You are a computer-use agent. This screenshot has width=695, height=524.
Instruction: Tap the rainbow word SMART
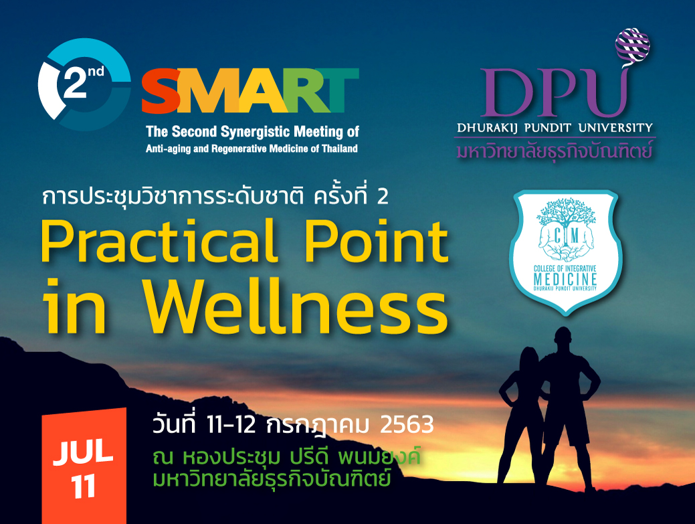point(250,90)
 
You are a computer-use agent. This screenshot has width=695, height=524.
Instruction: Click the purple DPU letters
point(554,92)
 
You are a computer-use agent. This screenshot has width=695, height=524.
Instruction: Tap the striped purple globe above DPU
point(633,44)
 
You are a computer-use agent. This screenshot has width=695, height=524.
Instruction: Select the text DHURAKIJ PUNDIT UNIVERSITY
point(555,128)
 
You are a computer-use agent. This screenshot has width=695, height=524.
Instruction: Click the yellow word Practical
point(160,242)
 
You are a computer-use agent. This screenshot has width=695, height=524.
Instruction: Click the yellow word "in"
point(74,307)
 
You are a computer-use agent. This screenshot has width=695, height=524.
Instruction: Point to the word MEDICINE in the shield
point(565,280)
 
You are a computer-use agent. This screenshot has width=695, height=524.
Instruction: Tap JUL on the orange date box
point(84,452)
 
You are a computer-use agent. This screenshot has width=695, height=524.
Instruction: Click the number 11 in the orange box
point(84,487)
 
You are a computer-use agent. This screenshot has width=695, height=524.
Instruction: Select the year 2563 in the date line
point(407,425)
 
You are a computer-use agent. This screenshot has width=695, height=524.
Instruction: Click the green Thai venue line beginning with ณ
point(286,457)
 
